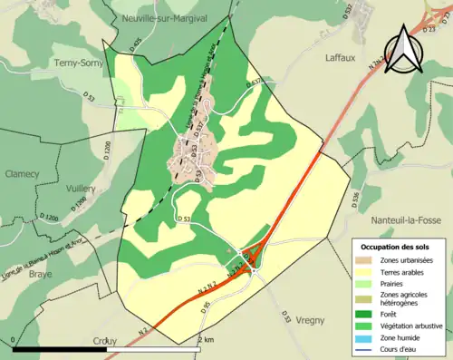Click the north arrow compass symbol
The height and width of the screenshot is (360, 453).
(x=405, y=48)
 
